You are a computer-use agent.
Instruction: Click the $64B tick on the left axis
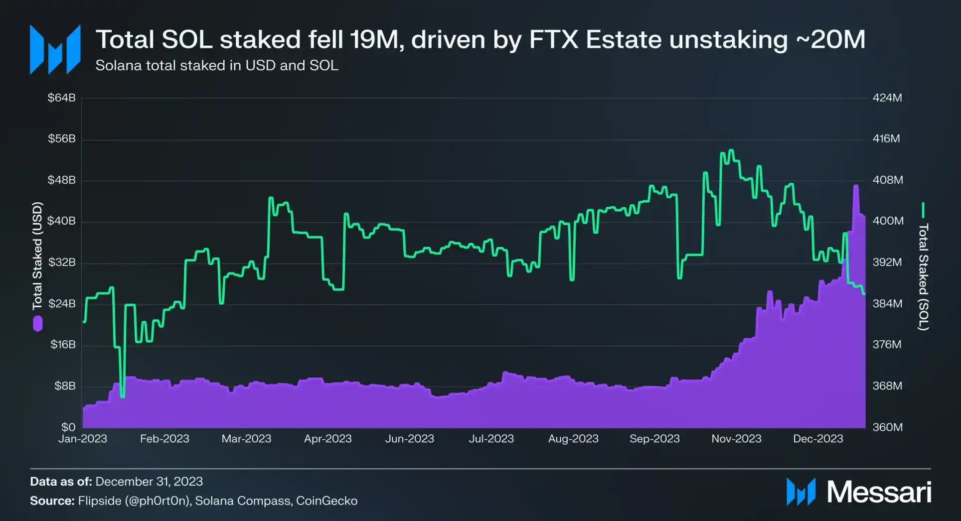[x=61, y=98]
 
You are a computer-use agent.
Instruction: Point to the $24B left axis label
[x=61, y=303]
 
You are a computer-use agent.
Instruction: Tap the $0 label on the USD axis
[x=68, y=427]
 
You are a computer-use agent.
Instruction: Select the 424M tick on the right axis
[x=887, y=98]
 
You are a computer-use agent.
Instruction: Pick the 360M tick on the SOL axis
[x=887, y=427]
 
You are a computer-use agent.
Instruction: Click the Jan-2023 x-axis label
[x=83, y=439]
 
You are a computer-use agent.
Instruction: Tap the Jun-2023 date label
[x=409, y=439]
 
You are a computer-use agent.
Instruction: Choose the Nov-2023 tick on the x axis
[x=736, y=439]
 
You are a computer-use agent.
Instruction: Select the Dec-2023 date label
[x=818, y=439]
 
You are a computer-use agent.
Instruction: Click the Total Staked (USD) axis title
[x=37, y=255]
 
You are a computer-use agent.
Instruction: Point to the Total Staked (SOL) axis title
[x=923, y=277]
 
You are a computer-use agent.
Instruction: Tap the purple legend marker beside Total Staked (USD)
[x=37, y=324]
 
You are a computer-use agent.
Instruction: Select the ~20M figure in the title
[x=830, y=40]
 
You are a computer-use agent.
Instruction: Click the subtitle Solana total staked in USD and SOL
[x=217, y=66]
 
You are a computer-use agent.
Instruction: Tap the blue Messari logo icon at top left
[x=55, y=50]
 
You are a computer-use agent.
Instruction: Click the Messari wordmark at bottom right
[x=879, y=492]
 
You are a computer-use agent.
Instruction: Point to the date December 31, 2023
[x=149, y=482]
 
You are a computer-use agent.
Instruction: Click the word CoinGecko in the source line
[x=326, y=501]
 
